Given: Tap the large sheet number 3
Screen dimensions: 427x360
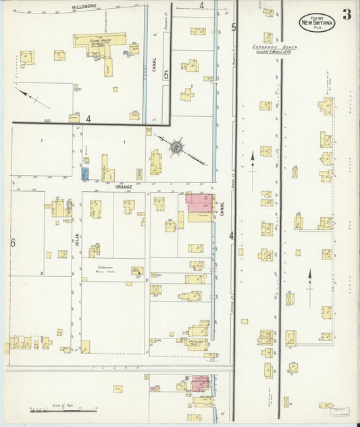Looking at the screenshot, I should click(x=346, y=14).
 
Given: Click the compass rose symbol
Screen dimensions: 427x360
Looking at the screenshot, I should click(x=176, y=145).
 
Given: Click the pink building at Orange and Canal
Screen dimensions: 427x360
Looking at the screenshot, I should click(x=199, y=202).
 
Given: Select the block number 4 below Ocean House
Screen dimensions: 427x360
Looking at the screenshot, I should click(x=88, y=119).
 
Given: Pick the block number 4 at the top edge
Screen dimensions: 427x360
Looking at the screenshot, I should click(x=201, y=5).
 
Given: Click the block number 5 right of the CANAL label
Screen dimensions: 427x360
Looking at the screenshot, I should click(x=166, y=76).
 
